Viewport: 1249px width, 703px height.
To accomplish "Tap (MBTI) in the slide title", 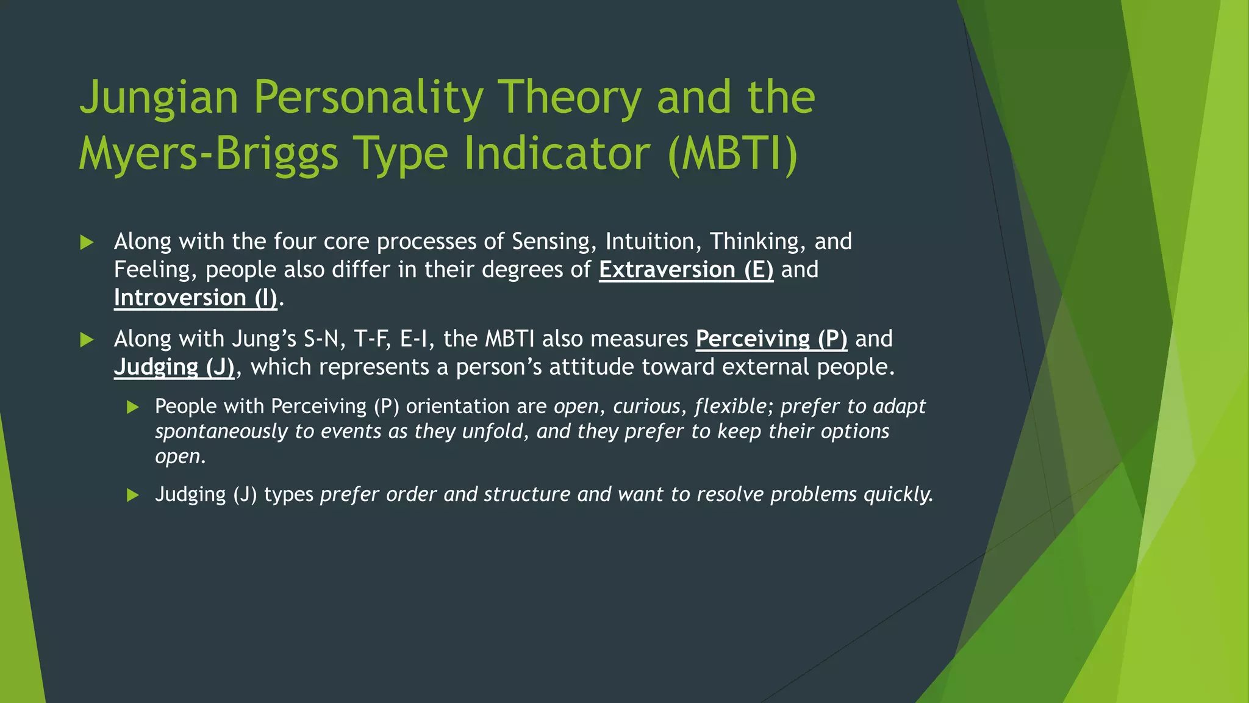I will coord(732,154).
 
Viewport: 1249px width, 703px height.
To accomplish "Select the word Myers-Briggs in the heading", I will coord(208,154).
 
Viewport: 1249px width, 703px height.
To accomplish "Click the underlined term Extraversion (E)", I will coord(686,270).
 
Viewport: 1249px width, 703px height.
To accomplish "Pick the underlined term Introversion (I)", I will coord(195,298).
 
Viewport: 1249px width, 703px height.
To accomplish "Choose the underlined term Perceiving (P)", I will coord(771,339).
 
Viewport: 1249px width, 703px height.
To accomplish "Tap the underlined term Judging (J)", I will coord(174,367).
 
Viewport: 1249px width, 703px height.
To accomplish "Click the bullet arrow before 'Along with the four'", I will coord(87,243).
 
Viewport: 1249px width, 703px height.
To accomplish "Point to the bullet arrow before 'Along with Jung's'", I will coord(87,340).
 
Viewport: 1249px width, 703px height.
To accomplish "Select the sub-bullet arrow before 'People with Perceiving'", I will coord(133,408).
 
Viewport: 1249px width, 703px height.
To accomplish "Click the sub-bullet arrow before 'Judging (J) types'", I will coord(133,495).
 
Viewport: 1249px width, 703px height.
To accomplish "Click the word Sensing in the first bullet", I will coord(554,242).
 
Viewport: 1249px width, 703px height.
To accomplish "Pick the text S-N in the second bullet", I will coord(324,339).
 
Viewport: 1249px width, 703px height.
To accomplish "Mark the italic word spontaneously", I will coord(221,431).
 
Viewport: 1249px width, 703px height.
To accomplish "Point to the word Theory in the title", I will coord(569,98).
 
